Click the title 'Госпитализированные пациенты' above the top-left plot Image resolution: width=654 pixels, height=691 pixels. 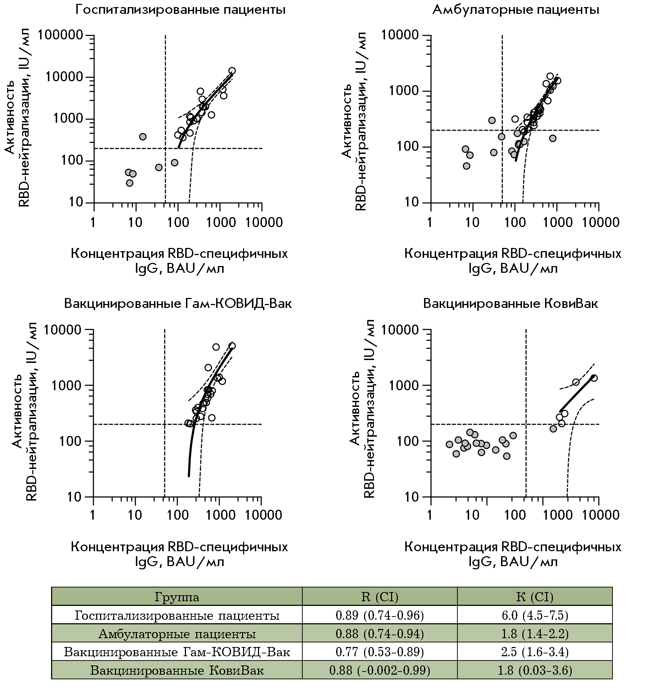pyautogui.click(x=180, y=10)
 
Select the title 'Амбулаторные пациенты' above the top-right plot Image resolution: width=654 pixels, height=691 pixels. pyautogui.click(x=516, y=10)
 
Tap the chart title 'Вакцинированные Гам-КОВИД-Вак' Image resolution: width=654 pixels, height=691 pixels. pyautogui.click(x=178, y=304)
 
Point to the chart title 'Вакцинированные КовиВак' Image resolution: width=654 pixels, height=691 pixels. pyautogui.click(x=511, y=304)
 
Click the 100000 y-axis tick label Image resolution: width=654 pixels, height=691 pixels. pyautogui.click(x=60, y=35)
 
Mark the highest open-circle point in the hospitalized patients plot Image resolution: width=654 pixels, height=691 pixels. pyautogui.click(x=232, y=71)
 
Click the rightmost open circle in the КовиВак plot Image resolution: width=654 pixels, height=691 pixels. pyautogui.click(x=594, y=378)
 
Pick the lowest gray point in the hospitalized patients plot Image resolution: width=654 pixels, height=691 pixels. pyautogui.click(x=130, y=183)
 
